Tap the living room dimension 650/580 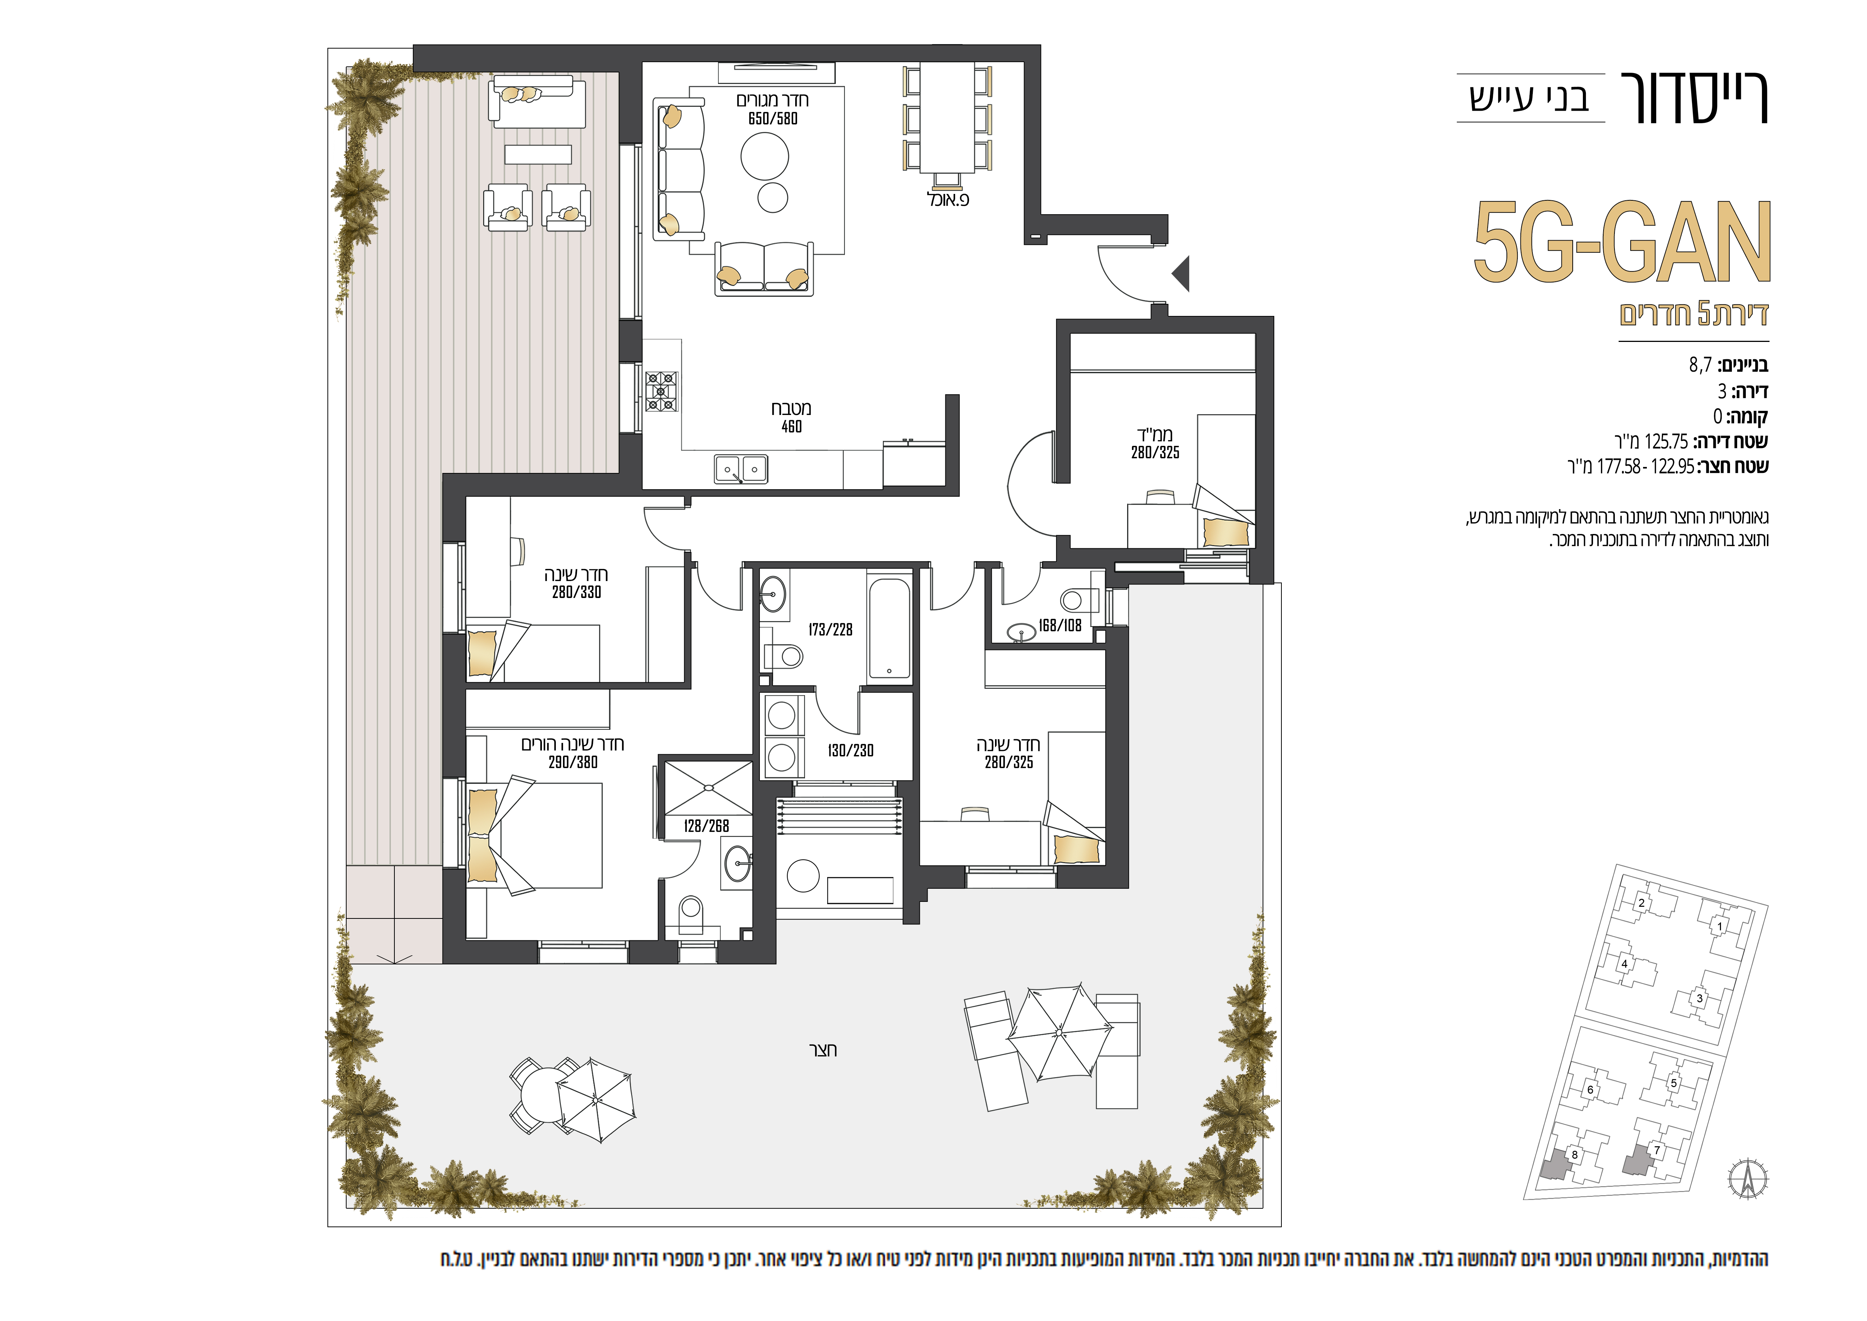pyautogui.click(x=773, y=119)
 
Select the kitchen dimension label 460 pyautogui.click(x=791, y=426)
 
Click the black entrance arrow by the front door pyautogui.click(x=1182, y=273)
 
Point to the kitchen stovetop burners pyautogui.click(x=661, y=391)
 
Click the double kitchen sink pyautogui.click(x=740, y=469)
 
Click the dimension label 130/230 pyautogui.click(x=851, y=751)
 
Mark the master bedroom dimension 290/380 pyautogui.click(x=572, y=762)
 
